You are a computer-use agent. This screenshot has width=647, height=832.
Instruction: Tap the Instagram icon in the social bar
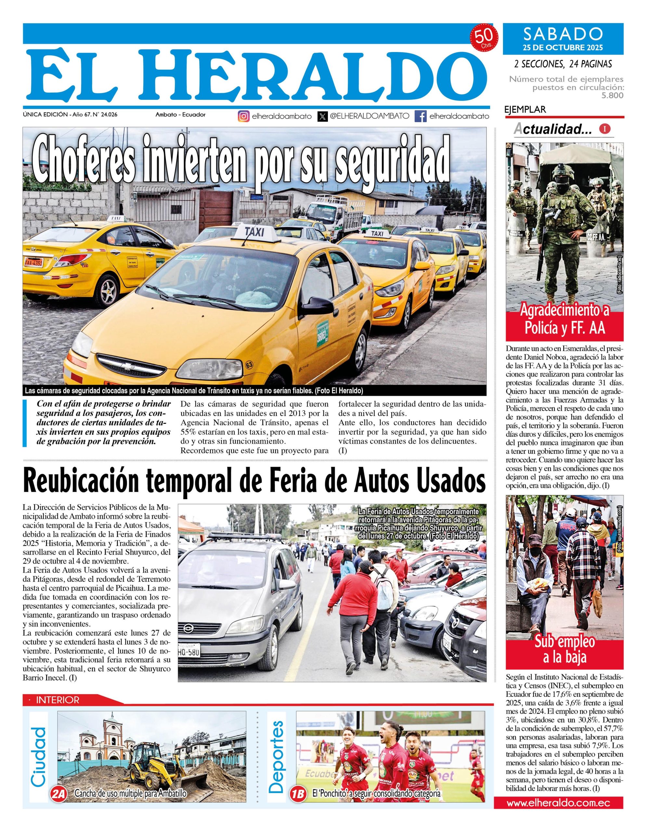[x=244, y=117]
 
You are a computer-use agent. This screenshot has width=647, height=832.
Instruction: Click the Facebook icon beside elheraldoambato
[x=421, y=117]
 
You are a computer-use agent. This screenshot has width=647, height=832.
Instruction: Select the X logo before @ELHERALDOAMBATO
[x=323, y=117]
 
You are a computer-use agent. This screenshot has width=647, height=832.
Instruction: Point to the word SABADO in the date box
[x=563, y=34]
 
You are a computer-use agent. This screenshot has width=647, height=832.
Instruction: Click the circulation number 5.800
[x=612, y=95]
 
